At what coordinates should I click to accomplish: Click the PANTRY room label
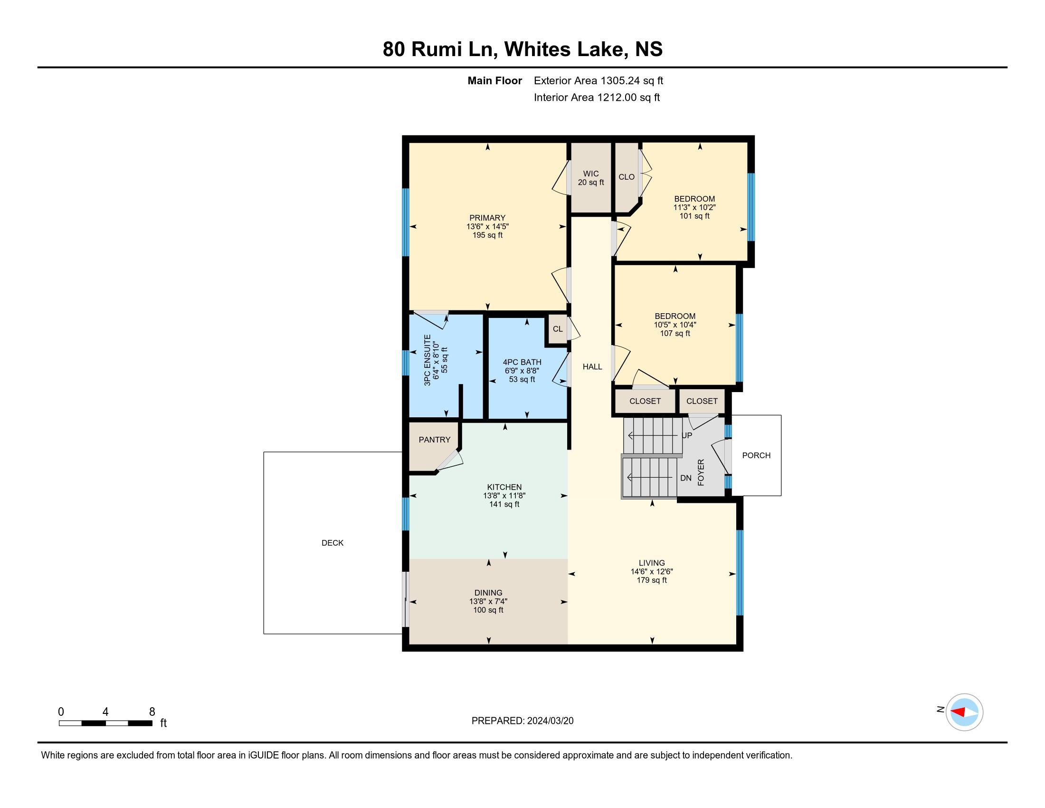[x=435, y=440]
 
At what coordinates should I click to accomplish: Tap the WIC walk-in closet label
[x=591, y=174]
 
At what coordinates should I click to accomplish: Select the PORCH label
[x=756, y=455]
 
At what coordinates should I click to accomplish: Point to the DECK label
[x=332, y=543]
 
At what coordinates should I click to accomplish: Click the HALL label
[x=592, y=366]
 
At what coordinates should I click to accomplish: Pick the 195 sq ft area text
[x=487, y=235]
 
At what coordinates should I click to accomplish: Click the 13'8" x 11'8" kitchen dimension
[x=504, y=496]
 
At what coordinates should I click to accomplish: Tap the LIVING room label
[x=652, y=563]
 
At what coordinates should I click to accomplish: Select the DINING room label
[x=488, y=593]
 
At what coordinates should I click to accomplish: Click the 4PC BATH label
[x=522, y=362]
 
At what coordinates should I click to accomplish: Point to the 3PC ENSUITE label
[x=427, y=360]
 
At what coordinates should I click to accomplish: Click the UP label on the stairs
[x=687, y=435]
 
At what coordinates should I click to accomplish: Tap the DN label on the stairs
[x=685, y=478]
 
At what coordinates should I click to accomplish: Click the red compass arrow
[x=959, y=712]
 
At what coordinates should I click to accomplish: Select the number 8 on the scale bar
[x=152, y=712]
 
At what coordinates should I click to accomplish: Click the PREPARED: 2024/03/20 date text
[x=522, y=721]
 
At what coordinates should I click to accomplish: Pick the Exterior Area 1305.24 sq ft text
[x=598, y=81]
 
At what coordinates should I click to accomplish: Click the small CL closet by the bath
[x=558, y=329]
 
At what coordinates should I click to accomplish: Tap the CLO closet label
[x=627, y=177]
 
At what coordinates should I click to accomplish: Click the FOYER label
[x=701, y=472]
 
